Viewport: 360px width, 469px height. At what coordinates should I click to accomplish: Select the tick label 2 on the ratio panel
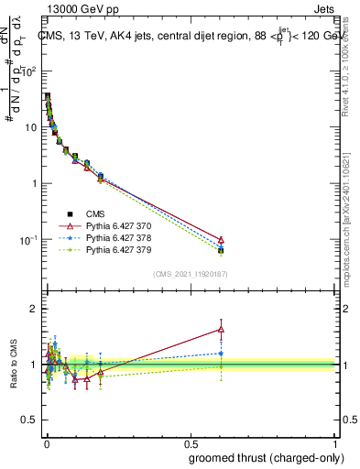(35, 309)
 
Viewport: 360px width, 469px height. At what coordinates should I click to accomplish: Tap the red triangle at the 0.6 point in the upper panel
(221, 238)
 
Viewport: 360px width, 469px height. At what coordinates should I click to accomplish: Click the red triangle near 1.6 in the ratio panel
(221, 329)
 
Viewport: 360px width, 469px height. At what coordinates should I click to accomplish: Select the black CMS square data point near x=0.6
(221, 250)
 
